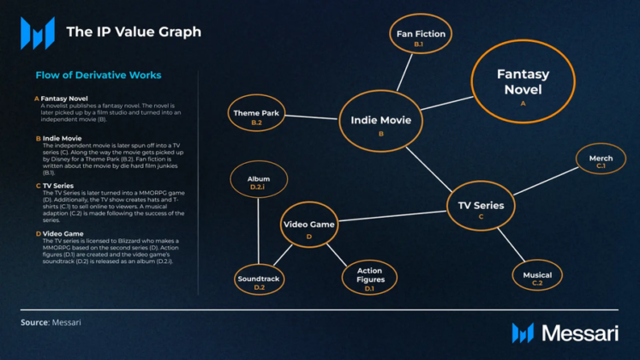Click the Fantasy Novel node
tap(523, 83)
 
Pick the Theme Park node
tap(256, 117)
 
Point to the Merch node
tap(601, 160)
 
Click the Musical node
tap(537, 277)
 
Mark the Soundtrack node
tap(259, 280)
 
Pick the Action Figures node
tap(369, 278)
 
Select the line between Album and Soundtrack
tap(258, 231)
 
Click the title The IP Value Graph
tap(134, 33)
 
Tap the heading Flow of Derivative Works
tap(99, 75)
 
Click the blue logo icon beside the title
tap(38, 33)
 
